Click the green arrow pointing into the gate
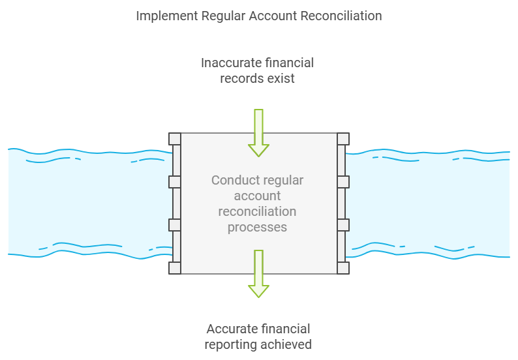click(x=259, y=133)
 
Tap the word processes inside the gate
click(x=257, y=227)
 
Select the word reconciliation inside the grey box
click(x=257, y=211)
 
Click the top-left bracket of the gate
click(x=175, y=138)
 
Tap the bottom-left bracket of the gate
click(x=175, y=268)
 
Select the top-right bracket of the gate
click(x=343, y=138)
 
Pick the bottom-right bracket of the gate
click(x=343, y=268)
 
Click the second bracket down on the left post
click(x=175, y=181)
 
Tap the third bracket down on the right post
click(x=343, y=225)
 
